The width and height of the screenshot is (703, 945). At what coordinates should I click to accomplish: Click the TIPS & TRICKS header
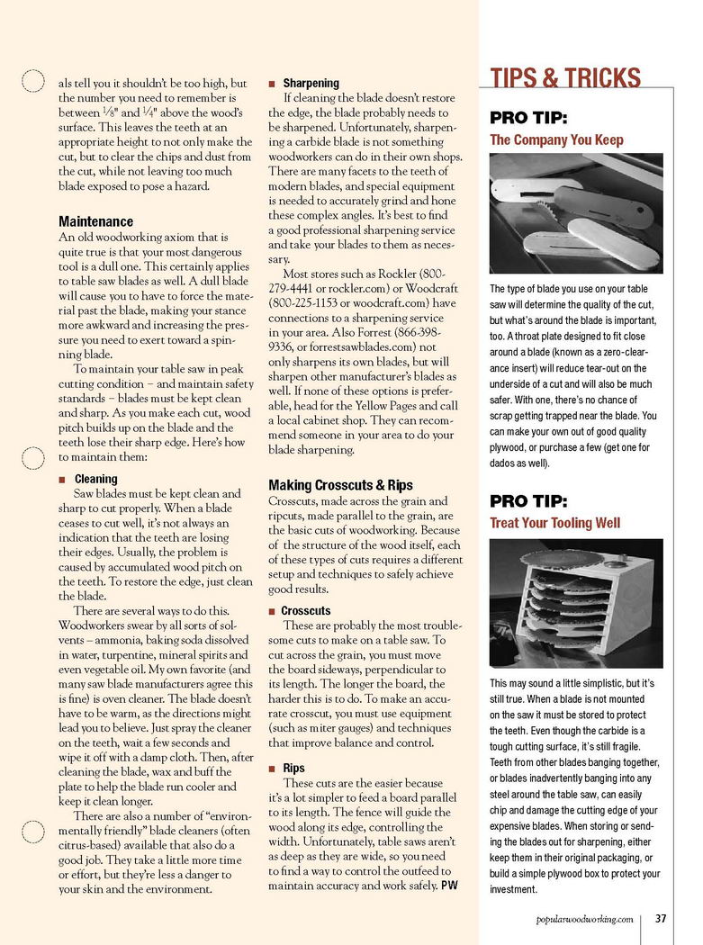pyautogui.click(x=565, y=77)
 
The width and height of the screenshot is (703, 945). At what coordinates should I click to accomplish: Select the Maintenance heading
pyautogui.click(x=95, y=221)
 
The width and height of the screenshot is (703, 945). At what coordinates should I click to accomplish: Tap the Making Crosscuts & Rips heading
pyautogui.click(x=340, y=485)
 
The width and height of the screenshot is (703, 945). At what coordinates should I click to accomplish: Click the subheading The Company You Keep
pyautogui.click(x=556, y=140)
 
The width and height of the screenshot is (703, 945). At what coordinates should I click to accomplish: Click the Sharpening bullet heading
pyautogui.click(x=311, y=83)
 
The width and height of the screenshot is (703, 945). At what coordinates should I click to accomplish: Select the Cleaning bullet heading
pyautogui.click(x=95, y=480)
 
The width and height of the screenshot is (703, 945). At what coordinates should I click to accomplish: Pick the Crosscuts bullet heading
pyautogui.click(x=305, y=611)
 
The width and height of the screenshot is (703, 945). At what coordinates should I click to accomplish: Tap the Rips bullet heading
pyautogui.click(x=293, y=769)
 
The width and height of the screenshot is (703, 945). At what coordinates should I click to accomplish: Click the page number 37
pyautogui.click(x=660, y=919)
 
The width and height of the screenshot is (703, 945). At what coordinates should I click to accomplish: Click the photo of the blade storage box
pyautogui.click(x=576, y=603)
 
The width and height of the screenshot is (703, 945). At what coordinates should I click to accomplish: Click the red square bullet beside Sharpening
pyautogui.click(x=272, y=84)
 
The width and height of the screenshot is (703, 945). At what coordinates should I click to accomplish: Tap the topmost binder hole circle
pyautogui.click(x=32, y=82)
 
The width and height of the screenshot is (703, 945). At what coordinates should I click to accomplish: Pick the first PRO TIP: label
pyautogui.click(x=527, y=118)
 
